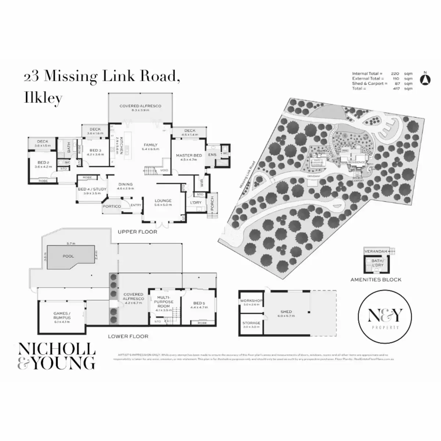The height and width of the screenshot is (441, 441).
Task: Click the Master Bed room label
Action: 189,155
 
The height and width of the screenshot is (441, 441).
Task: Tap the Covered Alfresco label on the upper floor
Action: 140,106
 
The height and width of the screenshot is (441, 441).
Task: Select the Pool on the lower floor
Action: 68,256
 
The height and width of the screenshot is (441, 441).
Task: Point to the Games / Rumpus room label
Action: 62,316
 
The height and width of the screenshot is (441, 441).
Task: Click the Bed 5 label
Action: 199,303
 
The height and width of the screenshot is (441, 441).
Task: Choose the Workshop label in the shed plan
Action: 251,301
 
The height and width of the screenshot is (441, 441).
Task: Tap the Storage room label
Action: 251,323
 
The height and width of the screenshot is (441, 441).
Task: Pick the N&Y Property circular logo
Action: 384,317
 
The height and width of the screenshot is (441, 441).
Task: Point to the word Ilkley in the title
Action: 43,98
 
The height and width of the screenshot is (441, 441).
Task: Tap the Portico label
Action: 112,206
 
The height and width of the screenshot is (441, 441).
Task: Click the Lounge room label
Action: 163,201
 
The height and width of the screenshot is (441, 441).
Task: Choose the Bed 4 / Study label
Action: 92,189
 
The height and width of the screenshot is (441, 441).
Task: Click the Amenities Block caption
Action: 376,280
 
